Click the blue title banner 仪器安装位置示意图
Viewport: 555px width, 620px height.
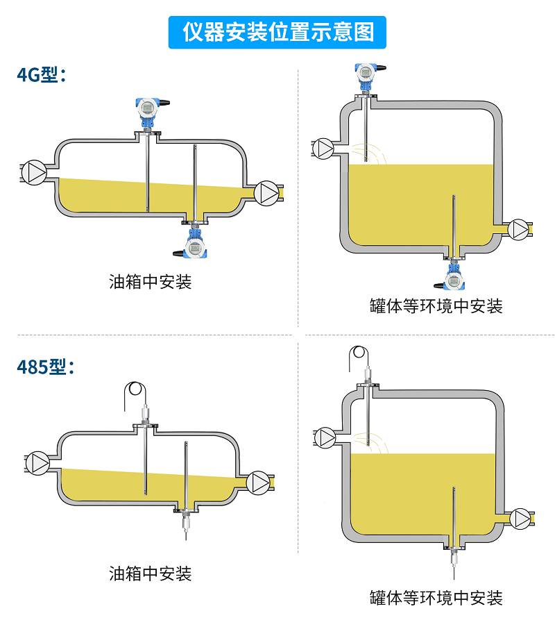click(277, 32)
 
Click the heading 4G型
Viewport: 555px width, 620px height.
click(41, 74)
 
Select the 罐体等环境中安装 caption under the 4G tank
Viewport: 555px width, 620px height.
click(436, 305)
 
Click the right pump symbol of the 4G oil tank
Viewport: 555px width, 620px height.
click(267, 193)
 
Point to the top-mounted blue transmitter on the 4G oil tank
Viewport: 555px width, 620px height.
click(148, 108)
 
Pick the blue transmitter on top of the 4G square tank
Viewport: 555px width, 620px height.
click(366, 72)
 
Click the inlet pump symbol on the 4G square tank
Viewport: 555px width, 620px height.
click(323, 148)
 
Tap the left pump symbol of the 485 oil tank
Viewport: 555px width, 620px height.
click(38, 463)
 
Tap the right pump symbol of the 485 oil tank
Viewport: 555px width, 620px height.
click(259, 482)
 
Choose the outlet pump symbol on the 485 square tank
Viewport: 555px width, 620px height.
click(521, 518)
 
